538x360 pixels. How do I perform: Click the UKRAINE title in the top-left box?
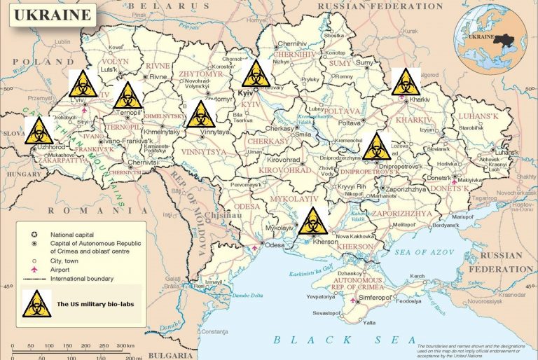50,14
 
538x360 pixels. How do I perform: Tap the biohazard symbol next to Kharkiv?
406,83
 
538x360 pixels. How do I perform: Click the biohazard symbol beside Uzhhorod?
39,131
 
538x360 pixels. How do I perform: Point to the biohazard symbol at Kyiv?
256,74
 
